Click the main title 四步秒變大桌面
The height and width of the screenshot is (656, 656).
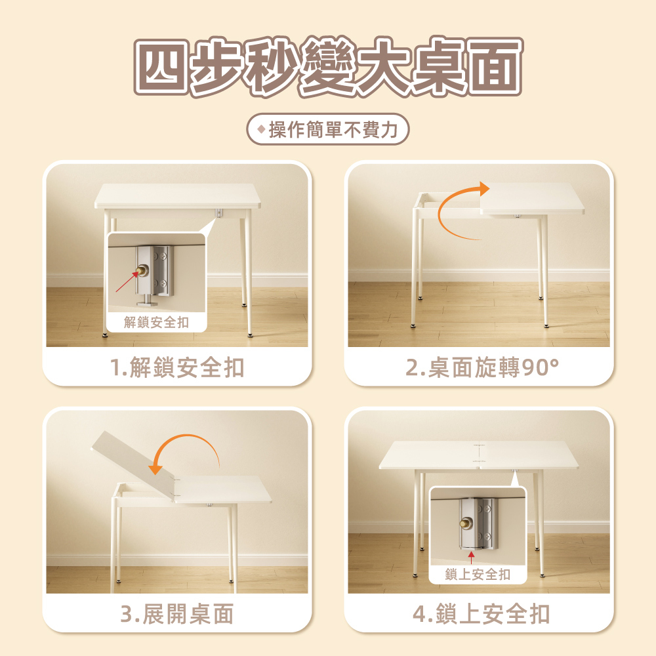click(329, 66)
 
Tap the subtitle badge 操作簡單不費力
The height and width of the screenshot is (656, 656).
click(327, 129)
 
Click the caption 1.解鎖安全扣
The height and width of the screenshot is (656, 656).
click(177, 367)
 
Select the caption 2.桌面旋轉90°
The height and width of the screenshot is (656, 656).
click(482, 367)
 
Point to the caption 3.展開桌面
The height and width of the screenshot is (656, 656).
click(177, 614)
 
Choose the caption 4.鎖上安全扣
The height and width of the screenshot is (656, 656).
click(481, 614)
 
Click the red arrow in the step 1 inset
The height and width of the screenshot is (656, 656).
click(127, 281)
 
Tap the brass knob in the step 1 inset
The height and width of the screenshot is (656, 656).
click(142, 271)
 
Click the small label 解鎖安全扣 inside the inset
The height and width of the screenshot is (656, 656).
click(157, 322)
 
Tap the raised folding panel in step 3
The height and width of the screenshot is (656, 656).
click(133, 464)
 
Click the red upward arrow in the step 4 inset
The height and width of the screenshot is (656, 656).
click(472, 558)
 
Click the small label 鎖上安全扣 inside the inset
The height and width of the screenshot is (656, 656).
click(478, 575)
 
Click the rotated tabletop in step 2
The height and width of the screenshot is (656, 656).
click(532, 198)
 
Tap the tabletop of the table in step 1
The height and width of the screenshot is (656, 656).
click(177, 195)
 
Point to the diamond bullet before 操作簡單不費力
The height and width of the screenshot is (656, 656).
click(262, 129)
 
